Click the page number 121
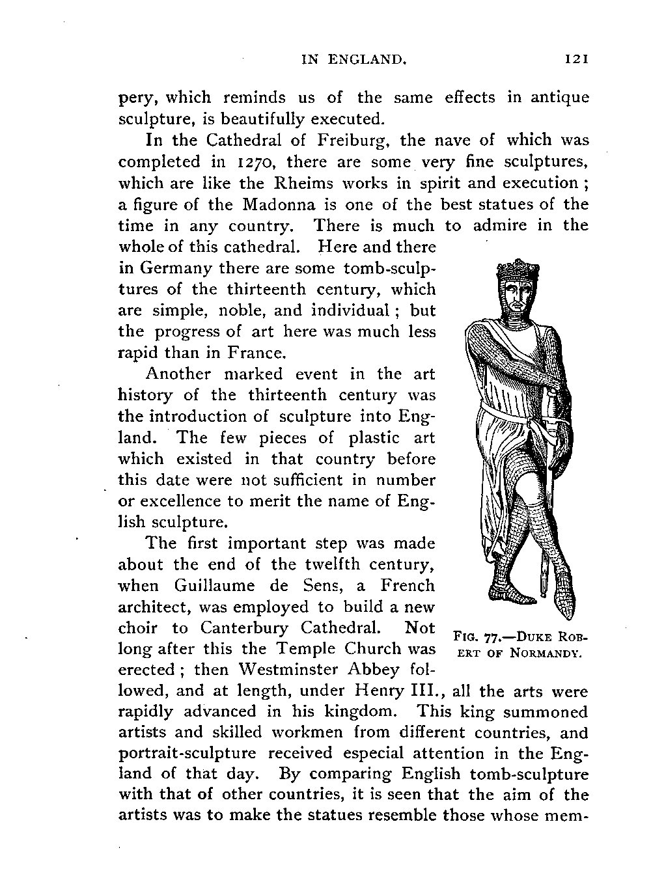point(577,60)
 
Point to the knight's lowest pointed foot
point(566,609)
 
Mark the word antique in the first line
point(559,98)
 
